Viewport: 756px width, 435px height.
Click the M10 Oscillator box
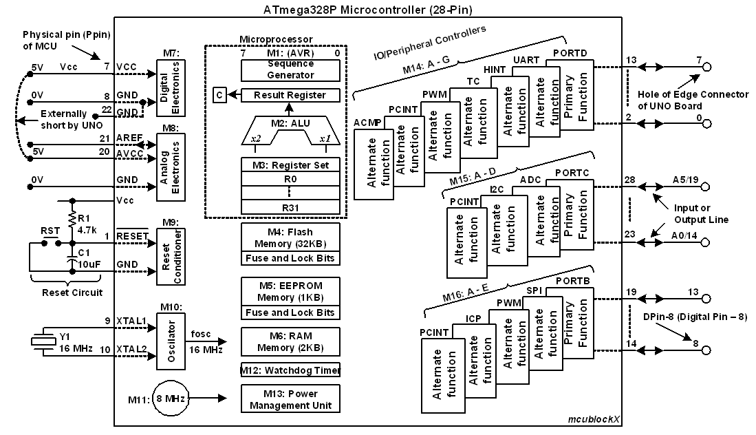(171, 341)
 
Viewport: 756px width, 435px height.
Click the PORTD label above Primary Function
(570, 54)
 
